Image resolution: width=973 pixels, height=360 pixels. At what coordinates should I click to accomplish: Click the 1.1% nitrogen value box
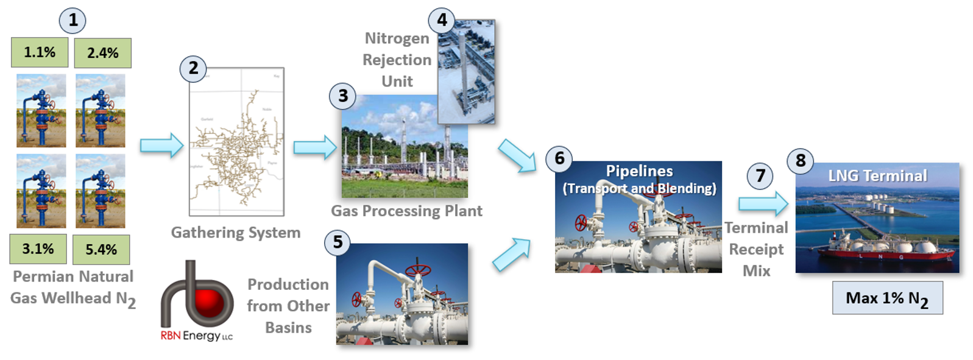(40, 52)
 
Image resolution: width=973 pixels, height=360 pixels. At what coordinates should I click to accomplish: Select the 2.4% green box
(102, 53)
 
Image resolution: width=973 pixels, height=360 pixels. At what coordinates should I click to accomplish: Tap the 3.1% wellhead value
(38, 249)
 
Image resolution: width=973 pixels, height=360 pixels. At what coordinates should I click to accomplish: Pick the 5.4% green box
(101, 249)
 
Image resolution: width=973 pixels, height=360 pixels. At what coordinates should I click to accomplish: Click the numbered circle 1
(73, 20)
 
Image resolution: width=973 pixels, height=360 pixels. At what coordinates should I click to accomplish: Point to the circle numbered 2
(193, 68)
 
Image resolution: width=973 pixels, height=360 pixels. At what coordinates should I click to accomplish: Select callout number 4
(442, 20)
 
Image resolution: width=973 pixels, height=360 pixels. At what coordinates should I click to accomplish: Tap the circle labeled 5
(338, 242)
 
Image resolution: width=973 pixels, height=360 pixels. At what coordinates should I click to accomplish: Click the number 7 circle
(760, 176)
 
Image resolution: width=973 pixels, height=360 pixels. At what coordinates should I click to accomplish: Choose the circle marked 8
(801, 161)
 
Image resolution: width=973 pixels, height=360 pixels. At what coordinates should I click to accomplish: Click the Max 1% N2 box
(887, 298)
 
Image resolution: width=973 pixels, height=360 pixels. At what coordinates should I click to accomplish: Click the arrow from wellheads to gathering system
(161, 146)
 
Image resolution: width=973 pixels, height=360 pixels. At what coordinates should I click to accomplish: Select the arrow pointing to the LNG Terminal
(763, 203)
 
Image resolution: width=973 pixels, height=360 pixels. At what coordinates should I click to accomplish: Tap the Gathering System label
(236, 233)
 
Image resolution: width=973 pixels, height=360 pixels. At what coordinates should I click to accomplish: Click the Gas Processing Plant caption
(406, 211)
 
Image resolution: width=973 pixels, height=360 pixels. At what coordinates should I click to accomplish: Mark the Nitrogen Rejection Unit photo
(466, 72)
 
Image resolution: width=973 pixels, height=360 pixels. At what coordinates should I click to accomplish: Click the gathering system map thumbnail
(236, 141)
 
